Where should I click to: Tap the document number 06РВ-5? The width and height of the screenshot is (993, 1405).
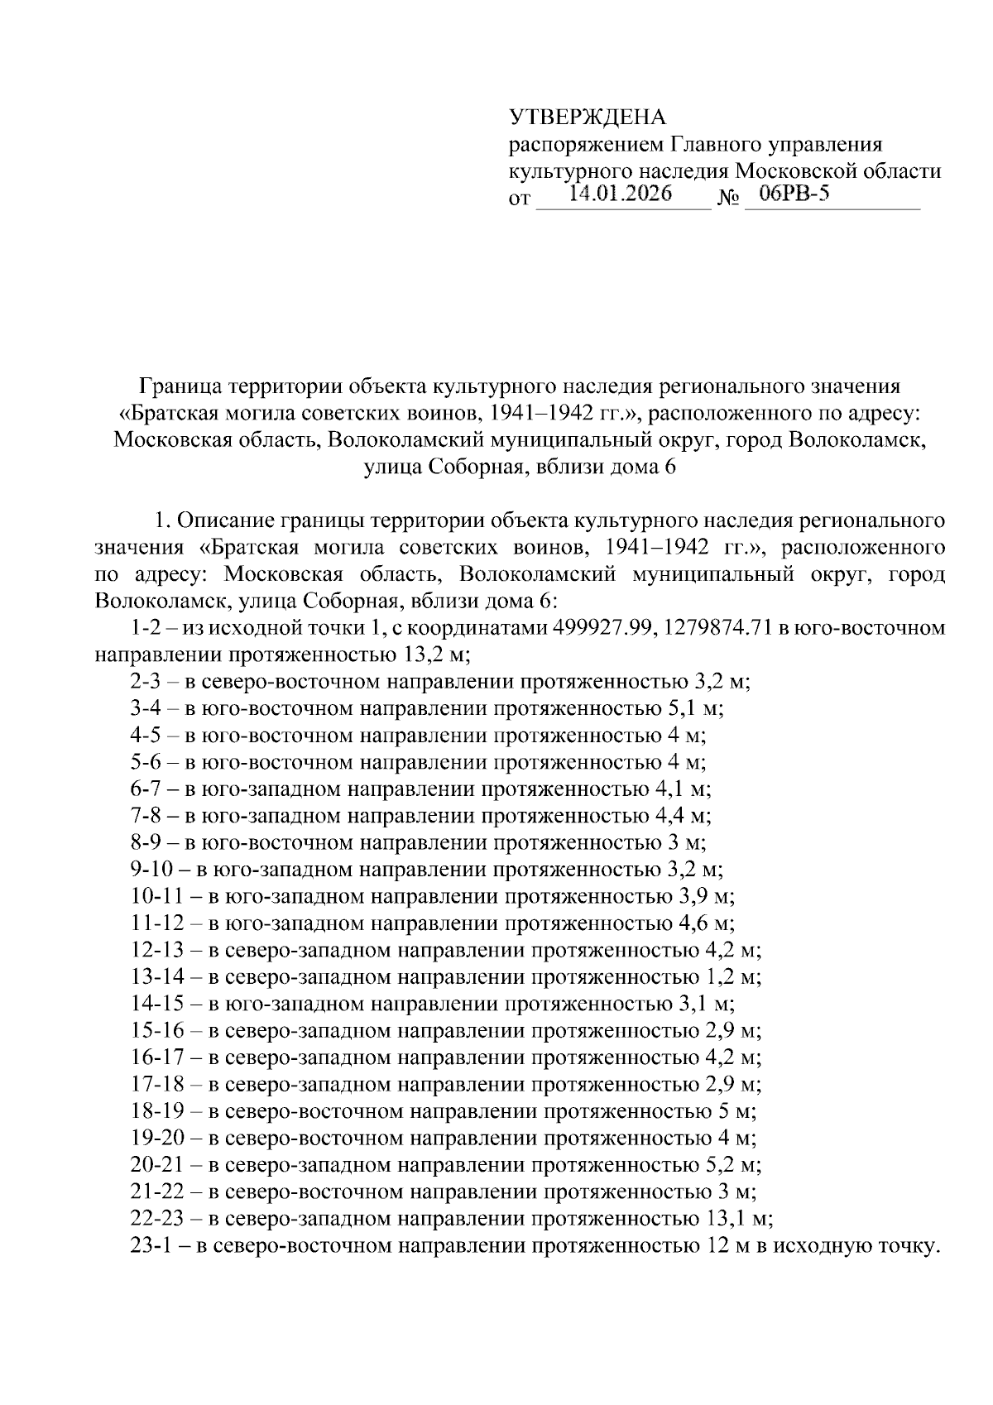(788, 195)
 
